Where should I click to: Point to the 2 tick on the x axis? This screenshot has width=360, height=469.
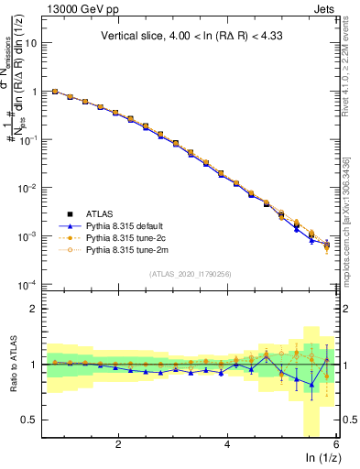click(118, 444)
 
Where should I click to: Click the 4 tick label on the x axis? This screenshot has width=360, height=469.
click(227, 444)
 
